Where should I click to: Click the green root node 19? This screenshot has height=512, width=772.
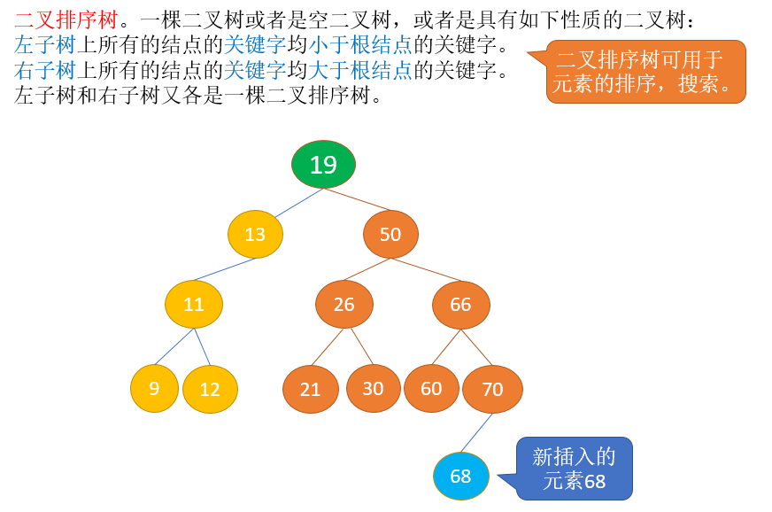(323, 164)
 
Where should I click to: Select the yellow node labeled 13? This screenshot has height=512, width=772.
(255, 234)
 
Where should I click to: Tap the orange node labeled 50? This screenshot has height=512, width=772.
(390, 234)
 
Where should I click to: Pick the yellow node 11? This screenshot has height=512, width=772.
(194, 304)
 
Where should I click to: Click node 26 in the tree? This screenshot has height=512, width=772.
(344, 305)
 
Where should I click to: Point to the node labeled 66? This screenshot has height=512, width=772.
(461, 305)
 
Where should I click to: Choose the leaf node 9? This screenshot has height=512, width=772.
(154, 388)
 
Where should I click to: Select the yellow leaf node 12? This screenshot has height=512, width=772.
(210, 389)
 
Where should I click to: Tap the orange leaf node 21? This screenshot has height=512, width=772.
(310, 389)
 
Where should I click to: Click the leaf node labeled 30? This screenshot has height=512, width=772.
(374, 388)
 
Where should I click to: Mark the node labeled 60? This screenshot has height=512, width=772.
(431, 388)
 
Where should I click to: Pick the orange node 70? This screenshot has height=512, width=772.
(492, 389)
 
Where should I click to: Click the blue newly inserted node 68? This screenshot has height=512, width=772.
(461, 476)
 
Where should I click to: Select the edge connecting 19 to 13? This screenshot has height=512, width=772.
(299, 203)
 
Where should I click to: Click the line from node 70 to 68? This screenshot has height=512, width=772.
(476, 433)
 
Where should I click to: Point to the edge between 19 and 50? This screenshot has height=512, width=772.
(357, 199)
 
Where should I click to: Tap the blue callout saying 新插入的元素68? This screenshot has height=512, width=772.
(574, 469)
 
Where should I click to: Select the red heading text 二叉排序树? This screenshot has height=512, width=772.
(66, 20)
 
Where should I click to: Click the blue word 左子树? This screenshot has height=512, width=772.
(45, 45)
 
